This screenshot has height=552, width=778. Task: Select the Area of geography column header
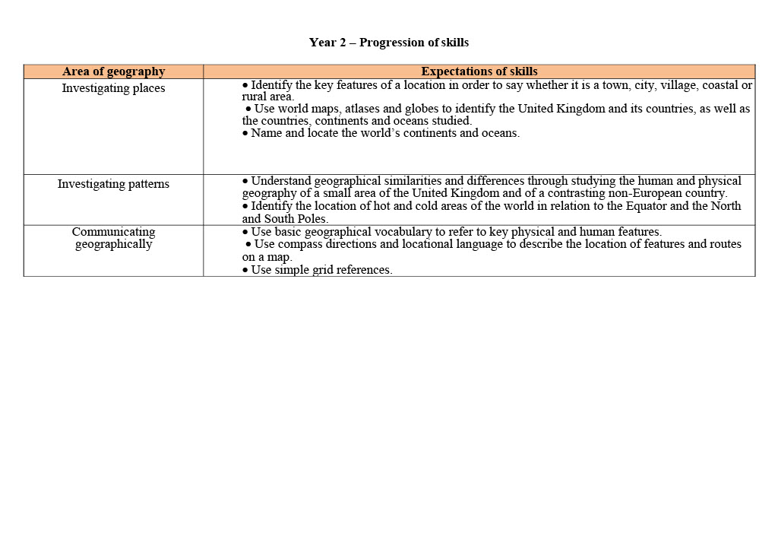click(113, 71)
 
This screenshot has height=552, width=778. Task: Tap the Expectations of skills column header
click(479, 71)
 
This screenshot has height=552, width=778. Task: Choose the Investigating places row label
click(113, 88)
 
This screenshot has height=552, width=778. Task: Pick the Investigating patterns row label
click(113, 184)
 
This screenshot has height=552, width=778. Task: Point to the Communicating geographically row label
click(113, 238)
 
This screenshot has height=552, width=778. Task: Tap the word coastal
click(721, 85)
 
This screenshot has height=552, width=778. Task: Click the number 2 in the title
click(341, 43)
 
